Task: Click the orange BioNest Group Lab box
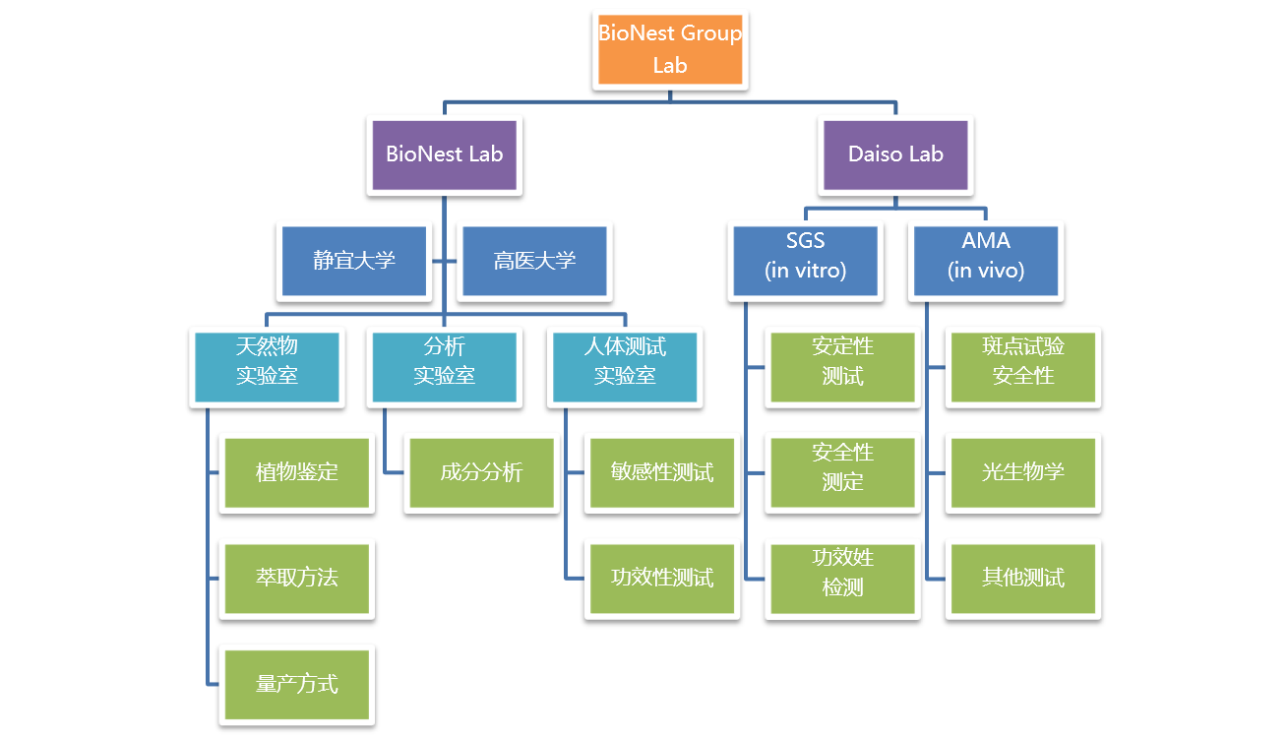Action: [670, 49]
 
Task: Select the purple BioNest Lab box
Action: [444, 154]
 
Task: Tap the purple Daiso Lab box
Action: [895, 154]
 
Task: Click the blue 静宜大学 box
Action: [354, 261]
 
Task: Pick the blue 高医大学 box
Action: [534, 261]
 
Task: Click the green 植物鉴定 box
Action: [296, 472]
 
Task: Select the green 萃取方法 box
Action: [296, 578]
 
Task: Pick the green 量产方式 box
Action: [296, 684]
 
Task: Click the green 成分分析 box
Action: [481, 472]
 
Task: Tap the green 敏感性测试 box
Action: [662, 472]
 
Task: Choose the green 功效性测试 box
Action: [662, 578]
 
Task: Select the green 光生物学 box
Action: [1023, 472]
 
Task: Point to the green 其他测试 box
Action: [1023, 578]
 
